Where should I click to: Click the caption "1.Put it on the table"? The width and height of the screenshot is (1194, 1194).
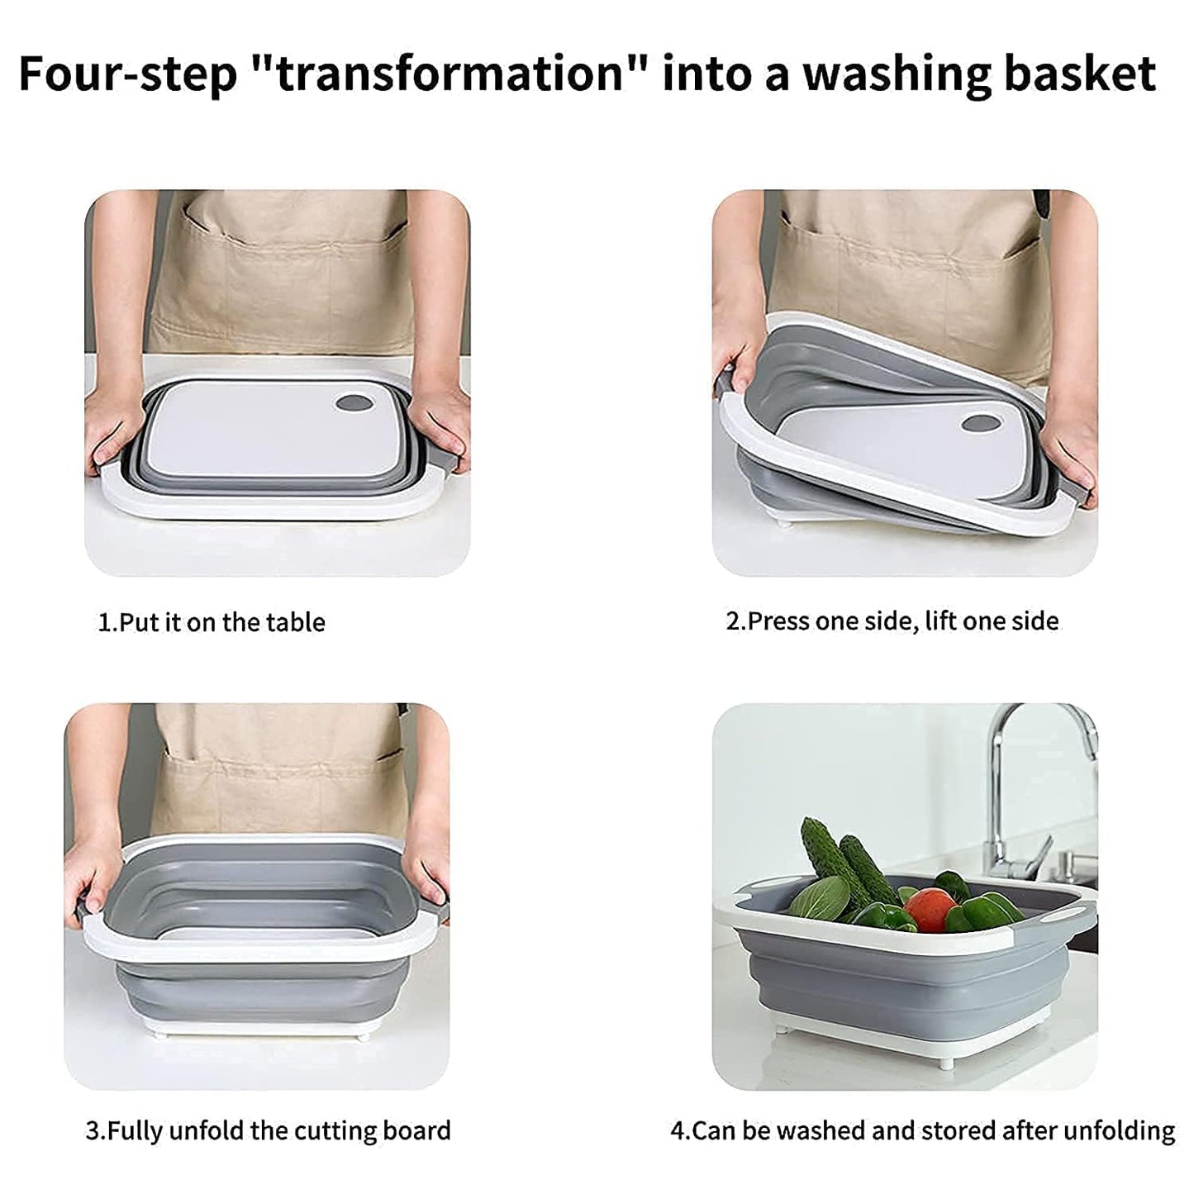(212, 622)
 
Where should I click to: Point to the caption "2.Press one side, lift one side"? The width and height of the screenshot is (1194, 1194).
(892, 621)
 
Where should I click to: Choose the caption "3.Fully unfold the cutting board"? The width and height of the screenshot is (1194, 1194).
(268, 1130)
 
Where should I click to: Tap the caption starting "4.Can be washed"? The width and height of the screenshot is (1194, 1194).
(922, 1130)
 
